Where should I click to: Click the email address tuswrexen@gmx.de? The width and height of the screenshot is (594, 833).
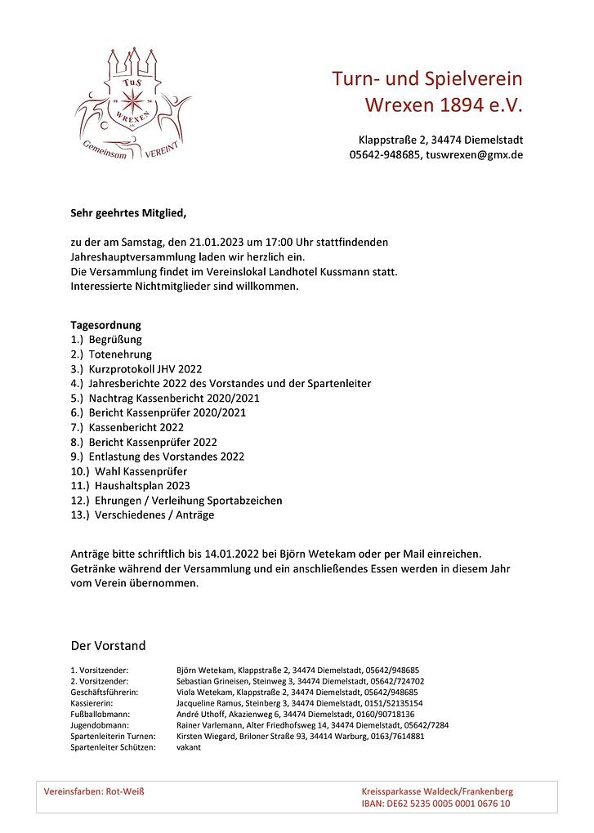(474, 154)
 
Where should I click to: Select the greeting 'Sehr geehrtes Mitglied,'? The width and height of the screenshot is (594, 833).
(128, 214)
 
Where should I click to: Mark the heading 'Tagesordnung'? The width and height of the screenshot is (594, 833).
(105, 324)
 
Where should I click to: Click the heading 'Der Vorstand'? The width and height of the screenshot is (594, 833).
(108, 645)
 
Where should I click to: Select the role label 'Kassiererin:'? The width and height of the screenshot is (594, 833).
(92, 702)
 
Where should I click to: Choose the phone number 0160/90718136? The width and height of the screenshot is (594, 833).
(385, 714)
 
